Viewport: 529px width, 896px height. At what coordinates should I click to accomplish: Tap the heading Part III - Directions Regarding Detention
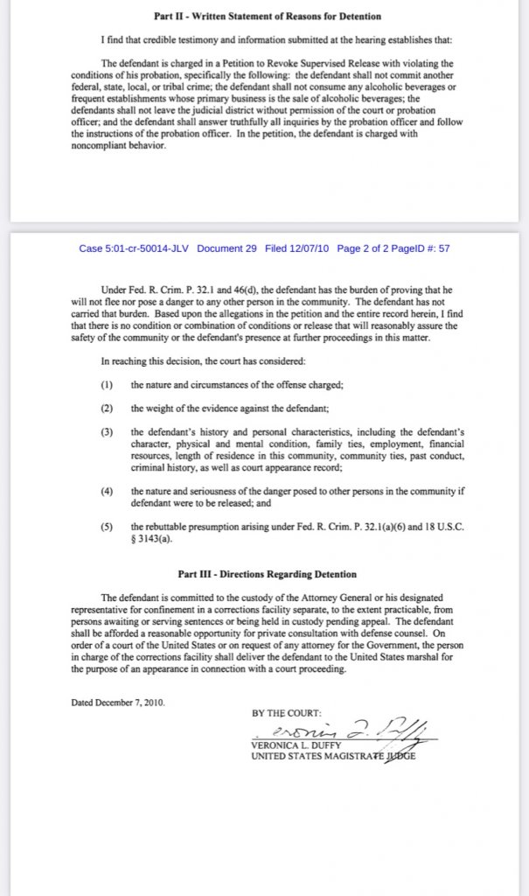pos(267,574)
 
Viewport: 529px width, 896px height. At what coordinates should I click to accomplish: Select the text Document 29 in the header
pos(226,248)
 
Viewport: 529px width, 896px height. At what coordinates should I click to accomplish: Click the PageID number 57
pos(444,248)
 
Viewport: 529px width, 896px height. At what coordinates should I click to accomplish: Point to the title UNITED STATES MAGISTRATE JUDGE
pos(333,757)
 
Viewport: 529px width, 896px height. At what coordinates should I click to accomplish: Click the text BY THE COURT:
pos(287,713)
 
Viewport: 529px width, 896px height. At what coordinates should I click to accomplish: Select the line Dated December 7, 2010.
pos(119,702)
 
